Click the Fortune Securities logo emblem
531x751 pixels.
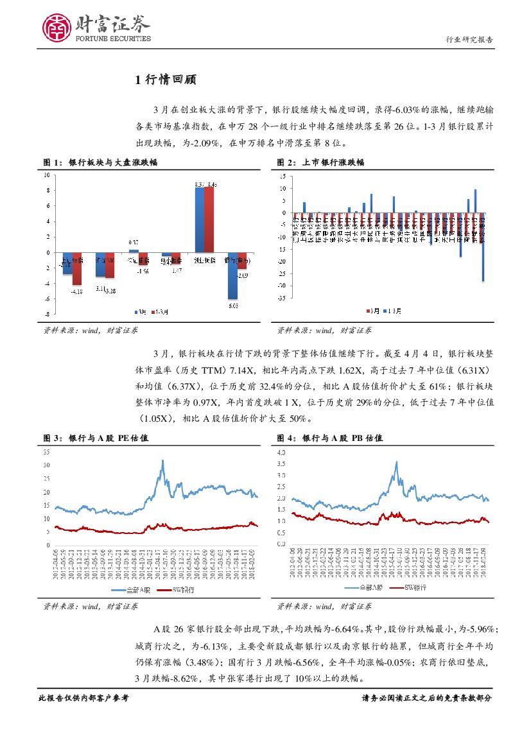(x=57, y=28)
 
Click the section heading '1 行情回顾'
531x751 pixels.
(x=166, y=80)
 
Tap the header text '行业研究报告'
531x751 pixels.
(x=469, y=40)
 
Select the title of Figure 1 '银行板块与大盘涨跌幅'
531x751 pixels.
(x=113, y=163)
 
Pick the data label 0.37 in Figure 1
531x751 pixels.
(x=134, y=241)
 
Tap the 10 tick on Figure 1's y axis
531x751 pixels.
(x=46, y=175)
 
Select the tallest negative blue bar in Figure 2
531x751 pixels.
(x=483, y=247)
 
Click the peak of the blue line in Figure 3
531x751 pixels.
(x=162, y=460)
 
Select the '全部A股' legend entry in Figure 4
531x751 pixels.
(x=365, y=587)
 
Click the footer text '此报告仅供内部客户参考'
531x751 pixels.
(x=84, y=698)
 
